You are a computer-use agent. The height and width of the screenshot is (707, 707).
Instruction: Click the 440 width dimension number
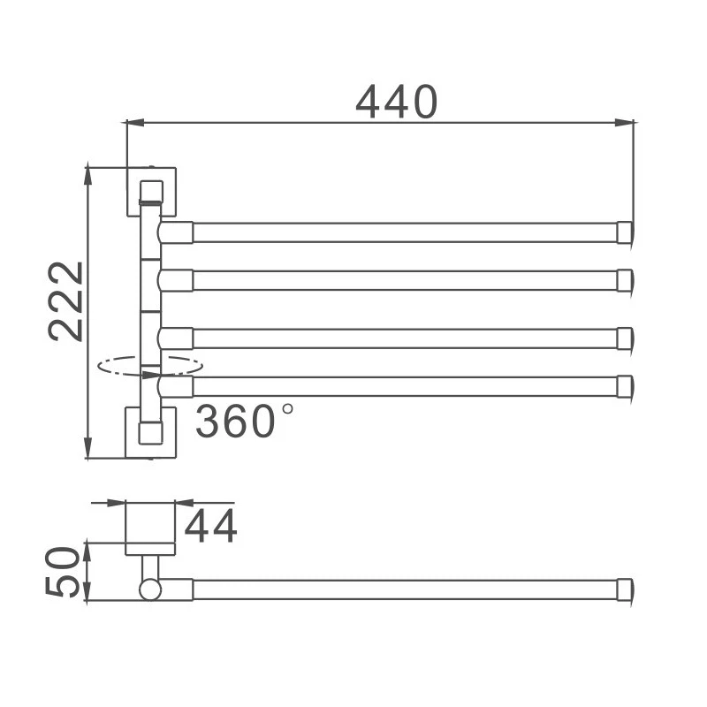click(x=396, y=102)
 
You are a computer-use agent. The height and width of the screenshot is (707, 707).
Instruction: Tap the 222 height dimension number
click(x=65, y=301)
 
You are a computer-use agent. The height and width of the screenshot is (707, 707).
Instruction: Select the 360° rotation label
click(x=244, y=422)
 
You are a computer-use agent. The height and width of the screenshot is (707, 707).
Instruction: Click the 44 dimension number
click(x=210, y=526)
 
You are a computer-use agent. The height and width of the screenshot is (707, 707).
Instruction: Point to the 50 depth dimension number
click(x=62, y=572)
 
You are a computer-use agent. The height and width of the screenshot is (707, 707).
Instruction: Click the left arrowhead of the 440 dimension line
click(x=135, y=122)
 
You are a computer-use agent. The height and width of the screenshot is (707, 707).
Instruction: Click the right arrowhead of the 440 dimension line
click(x=625, y=122)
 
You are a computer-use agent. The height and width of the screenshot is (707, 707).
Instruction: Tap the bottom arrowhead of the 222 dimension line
click(x=89, y=448)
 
